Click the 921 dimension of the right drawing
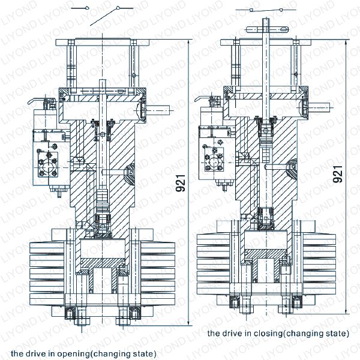tap(337, 174)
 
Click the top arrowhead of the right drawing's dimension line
tap(348, 43)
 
